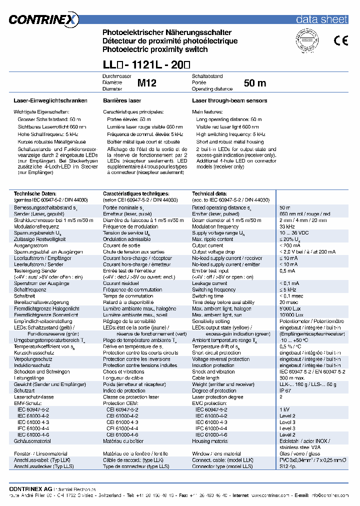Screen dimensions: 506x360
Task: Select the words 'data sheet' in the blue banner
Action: pos(321,19)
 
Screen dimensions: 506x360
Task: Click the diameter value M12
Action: pos(147,83)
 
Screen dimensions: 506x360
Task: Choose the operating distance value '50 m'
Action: pos(255,83)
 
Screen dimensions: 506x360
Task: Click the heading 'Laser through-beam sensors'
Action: pos(229,100)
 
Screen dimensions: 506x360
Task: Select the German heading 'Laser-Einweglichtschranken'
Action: pos(50,100)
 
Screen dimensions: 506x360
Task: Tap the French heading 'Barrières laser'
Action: pos(122,100)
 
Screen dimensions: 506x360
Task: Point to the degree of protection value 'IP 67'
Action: pos(285,390)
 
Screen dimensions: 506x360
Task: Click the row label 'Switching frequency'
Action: pos(214,289)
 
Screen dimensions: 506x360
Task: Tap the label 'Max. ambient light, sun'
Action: pos(217,315)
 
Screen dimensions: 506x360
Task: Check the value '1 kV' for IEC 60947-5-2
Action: pos(284,409)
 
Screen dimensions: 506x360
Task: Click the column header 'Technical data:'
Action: pos(209,193)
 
